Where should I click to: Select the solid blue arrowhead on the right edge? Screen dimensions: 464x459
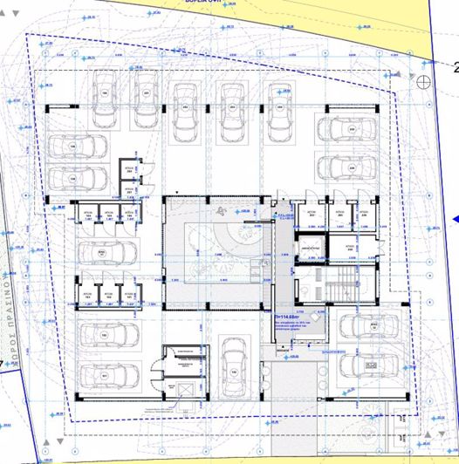point(455,219)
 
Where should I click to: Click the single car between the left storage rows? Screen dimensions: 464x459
point(104,254)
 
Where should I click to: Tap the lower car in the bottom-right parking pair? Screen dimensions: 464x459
point(361,359)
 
